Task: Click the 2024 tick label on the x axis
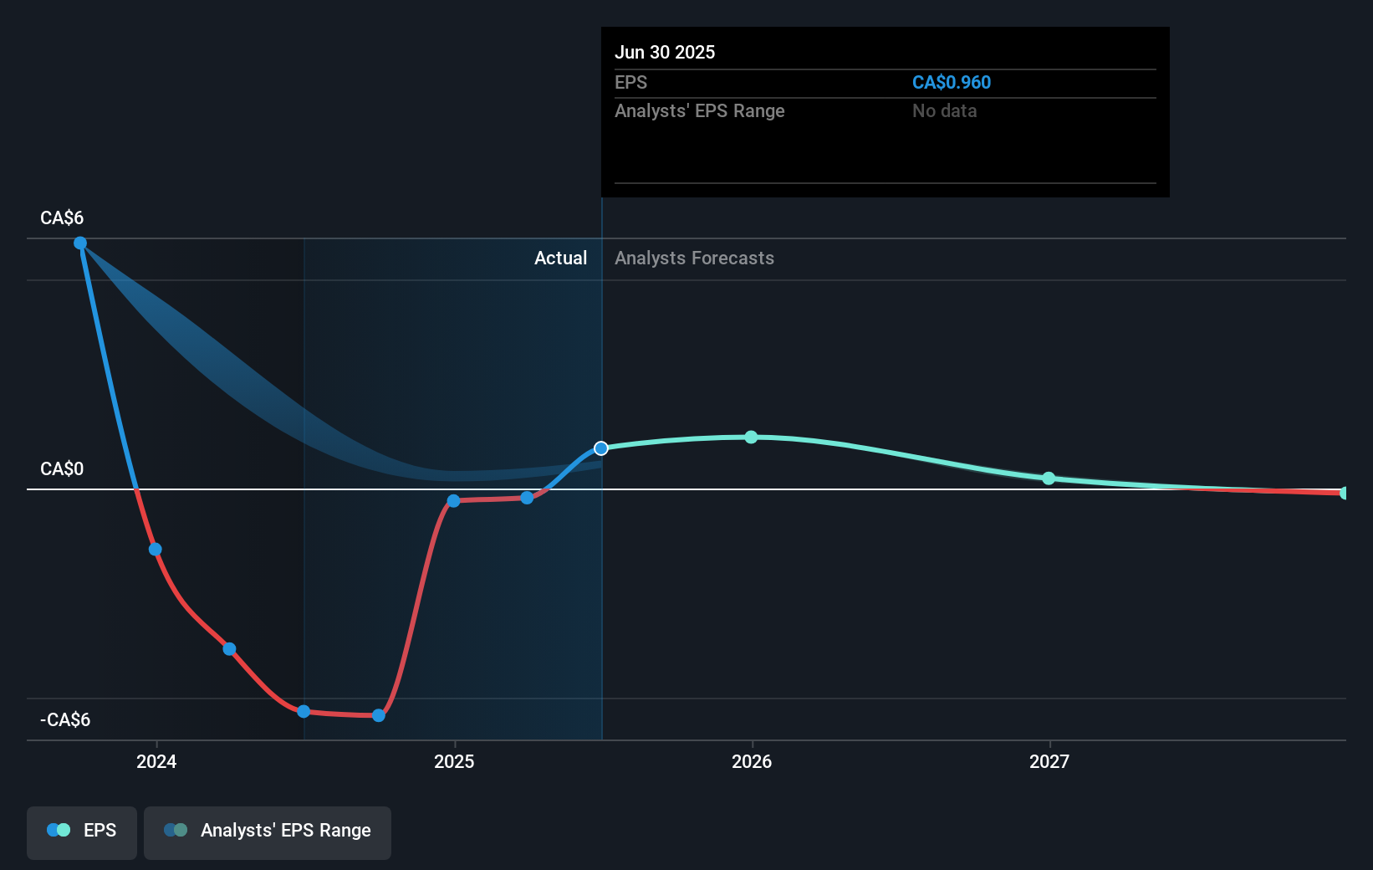coord(156,761)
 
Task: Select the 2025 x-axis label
coord(454,761)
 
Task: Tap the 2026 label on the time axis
coord(752,761)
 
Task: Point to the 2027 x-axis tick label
coord(1049,761)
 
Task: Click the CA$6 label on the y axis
coord(62,217)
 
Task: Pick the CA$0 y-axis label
coord(62,468)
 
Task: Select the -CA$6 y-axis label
coord(65,719)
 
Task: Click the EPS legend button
coord(82,831)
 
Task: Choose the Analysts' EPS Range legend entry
coord(268,831)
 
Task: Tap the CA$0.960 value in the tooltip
coord(951,82)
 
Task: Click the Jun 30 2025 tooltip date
coord(665,52)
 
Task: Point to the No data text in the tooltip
coord(944,110)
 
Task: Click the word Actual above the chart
coord(560,258)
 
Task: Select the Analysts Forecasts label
coord(694,258)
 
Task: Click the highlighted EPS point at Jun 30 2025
coord(601,448)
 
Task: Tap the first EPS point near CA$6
coord(80,243)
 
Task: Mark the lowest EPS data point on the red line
coord(379,715)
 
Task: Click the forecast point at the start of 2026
coord(751,437)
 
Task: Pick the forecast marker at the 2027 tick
coord(1049,478)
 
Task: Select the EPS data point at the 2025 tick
coord(453,501)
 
